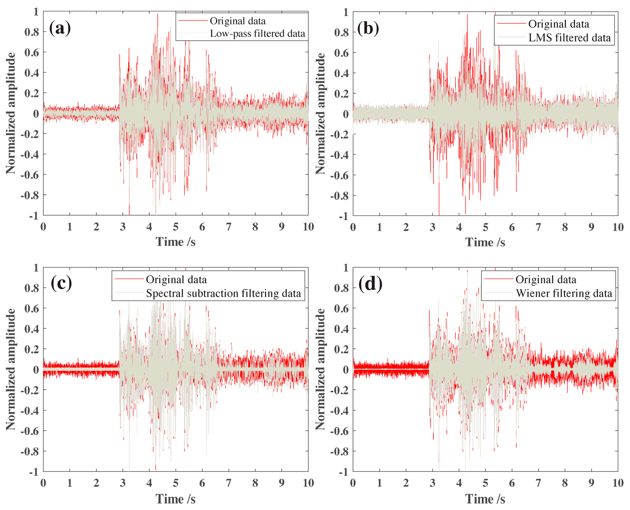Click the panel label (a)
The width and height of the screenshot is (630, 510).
pyautogui.click(x=60, y=28)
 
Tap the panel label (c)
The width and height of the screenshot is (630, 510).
pyautogui.click(x=61, y=284)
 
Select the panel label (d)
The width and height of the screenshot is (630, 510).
pyautogui.click(x=370, y=284)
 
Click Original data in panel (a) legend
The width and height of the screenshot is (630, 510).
pyautogui.click(x=237, y=21)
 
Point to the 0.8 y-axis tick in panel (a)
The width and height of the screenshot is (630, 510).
pyautogui.click(x=32, y=32)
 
